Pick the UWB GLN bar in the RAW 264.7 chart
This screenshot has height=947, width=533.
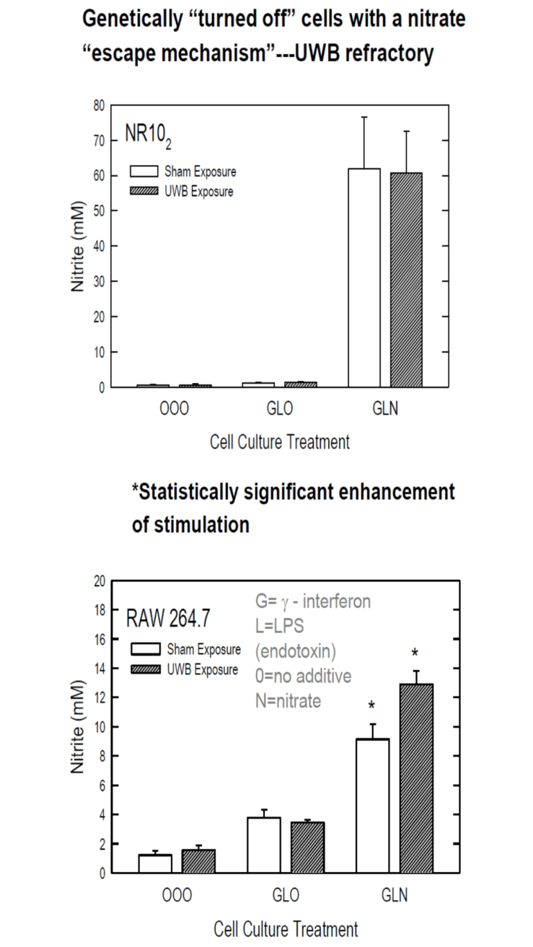tap(415, 778)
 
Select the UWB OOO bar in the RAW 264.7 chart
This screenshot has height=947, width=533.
tap(198, 861)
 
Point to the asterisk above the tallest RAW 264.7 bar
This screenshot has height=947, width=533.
tap(415, 653)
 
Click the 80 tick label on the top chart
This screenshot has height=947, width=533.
tap(97, 105)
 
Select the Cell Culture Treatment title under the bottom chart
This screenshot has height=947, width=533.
tap(286, 929)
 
